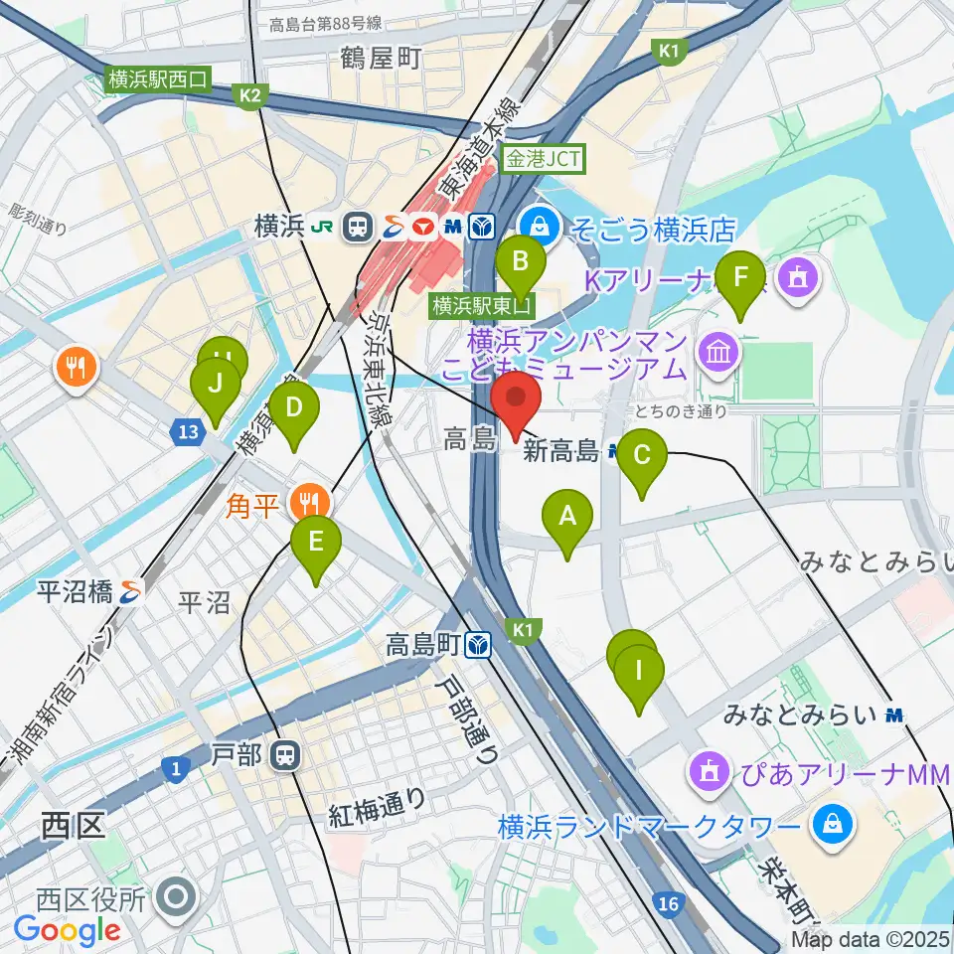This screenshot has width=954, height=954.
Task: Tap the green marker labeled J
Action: tap(214, 385)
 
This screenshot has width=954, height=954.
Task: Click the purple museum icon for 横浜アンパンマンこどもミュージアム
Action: tap(715, 351)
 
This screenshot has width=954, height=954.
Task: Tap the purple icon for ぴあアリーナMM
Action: tap(711, 771)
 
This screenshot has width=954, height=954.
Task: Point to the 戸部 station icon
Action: tap(287, 756)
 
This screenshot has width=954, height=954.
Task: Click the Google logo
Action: tap(68, 930)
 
